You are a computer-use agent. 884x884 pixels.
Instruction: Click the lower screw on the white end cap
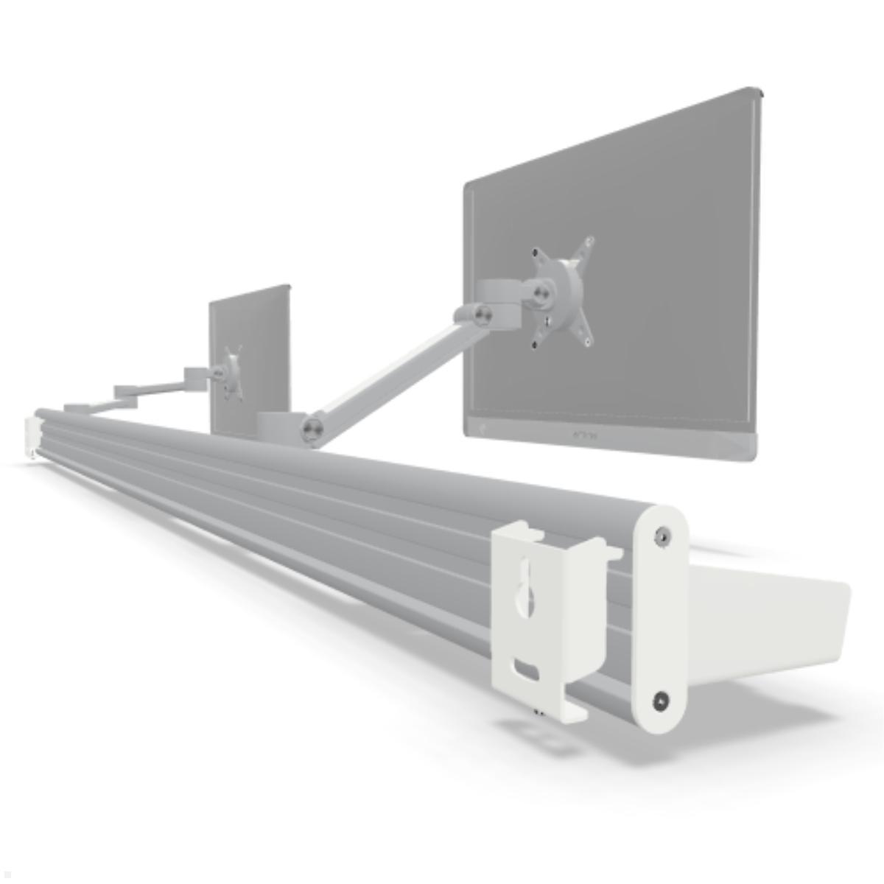pyautogui.click(x=662, y=701)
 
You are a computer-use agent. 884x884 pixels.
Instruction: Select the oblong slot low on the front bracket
pyautogui.click(x=527, y=670)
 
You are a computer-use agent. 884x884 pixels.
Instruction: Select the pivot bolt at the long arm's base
pyautogui.click(x=312, y=428)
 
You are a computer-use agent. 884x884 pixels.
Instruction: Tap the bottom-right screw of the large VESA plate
pyautogui.click(x=587, y=341)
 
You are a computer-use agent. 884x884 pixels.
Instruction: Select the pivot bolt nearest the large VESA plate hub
pyautogui.click(x=543, y=292)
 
